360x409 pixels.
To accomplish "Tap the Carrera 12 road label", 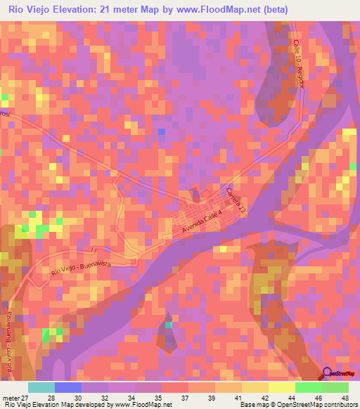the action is click(236, 201).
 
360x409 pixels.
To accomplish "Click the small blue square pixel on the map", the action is click(162, 131).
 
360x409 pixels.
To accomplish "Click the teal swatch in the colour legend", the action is click(41, 387).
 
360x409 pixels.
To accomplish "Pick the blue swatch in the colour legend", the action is click(68, 387).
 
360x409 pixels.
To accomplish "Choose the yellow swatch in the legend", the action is click(282, 387).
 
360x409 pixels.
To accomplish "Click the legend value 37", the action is click(181, 397).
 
